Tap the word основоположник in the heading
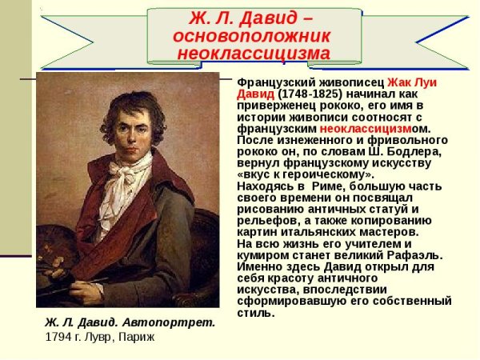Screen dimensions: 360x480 tap(252, 37)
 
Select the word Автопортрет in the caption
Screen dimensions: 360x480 tap(179, 323)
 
